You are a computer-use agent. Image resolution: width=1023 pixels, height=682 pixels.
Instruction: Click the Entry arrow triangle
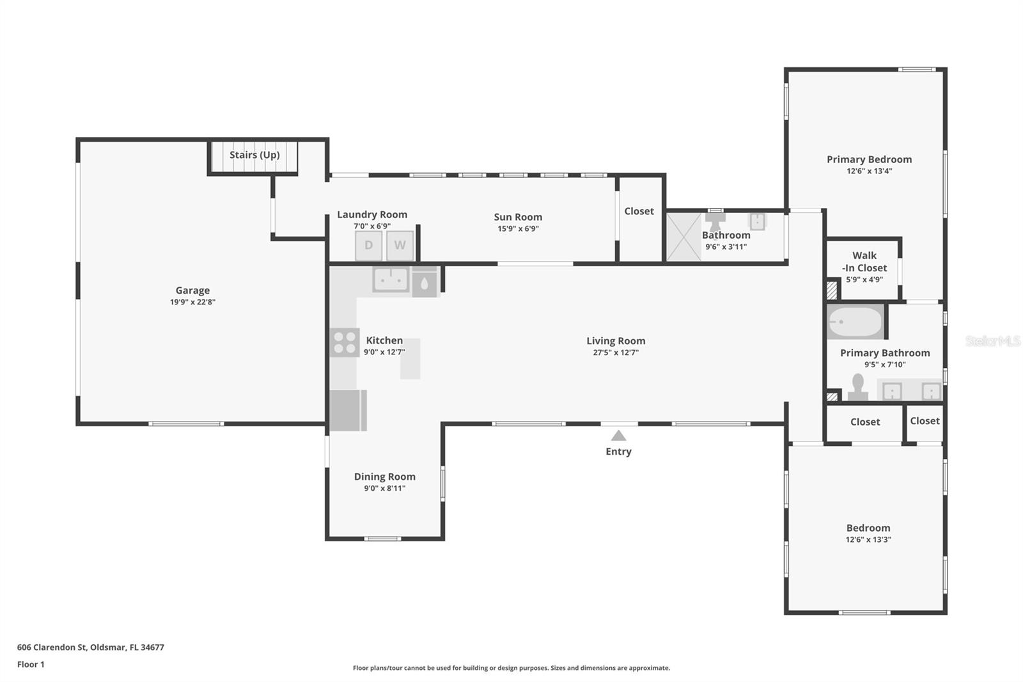click(x=618, y=436)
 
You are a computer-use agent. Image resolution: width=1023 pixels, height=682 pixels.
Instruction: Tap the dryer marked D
click(x=368, y=246)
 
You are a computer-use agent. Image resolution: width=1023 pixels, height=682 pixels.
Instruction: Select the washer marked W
click(x=400, y=246)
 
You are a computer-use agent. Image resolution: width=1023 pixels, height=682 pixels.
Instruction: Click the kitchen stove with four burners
click(x=345, y=343)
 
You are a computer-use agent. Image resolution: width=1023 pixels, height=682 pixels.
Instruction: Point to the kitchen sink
click(x=391, y=280)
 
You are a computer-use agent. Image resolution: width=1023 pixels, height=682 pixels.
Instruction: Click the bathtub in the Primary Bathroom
click(x=855, y=322)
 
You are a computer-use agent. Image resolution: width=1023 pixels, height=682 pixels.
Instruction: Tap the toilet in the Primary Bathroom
click(x=857, y=387)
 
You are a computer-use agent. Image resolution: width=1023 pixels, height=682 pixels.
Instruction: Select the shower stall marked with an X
click(x=683, y=237)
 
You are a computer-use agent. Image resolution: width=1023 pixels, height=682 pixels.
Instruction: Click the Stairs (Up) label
click(x=254, y=155)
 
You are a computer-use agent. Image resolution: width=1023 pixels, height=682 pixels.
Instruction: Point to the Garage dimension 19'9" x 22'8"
click(x=192, y=302)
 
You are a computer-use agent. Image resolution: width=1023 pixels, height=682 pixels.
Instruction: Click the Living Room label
click(x=616, y=341)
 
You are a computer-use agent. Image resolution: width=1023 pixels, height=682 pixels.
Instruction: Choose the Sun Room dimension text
click(x=518, y=228)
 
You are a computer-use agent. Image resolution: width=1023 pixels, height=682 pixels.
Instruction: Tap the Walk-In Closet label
click(x=864, y=262)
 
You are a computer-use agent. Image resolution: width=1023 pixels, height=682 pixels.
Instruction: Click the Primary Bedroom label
click(x=869, y=159)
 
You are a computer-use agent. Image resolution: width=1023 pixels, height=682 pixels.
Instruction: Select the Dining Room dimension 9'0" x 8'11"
click(x=384, y=488)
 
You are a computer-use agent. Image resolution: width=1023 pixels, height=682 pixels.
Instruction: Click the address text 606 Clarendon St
click(x=52, y=647)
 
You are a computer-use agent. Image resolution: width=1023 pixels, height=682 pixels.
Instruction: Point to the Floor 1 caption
click(x=31, y=665)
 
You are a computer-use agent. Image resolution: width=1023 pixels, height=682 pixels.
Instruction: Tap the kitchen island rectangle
click(x=410, y=359)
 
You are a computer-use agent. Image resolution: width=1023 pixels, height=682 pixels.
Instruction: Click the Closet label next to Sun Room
click(x=639, y=211)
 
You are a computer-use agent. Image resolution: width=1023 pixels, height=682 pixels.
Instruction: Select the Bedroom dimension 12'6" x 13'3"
click(x=868, y=539)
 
